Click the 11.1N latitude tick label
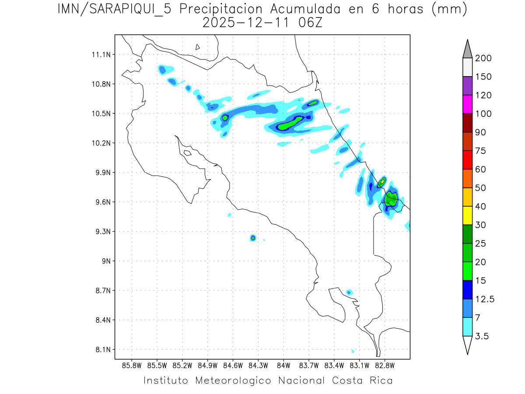click(x=100, y=55)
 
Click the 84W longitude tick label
click(x=283, y=365)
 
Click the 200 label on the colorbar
click(x=483, y=58)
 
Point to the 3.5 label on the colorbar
click(x=482, y=336)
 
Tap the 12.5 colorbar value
click(x=484, y=299)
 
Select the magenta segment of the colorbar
click(x=467, y=104)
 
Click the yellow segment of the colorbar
click(x=467, y=215)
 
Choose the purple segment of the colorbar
click(x=467, y=86)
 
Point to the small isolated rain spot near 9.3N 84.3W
click(x=253, y=238)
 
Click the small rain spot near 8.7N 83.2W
click(x=349, y=292)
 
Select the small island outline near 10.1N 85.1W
click(x=187, y=153)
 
